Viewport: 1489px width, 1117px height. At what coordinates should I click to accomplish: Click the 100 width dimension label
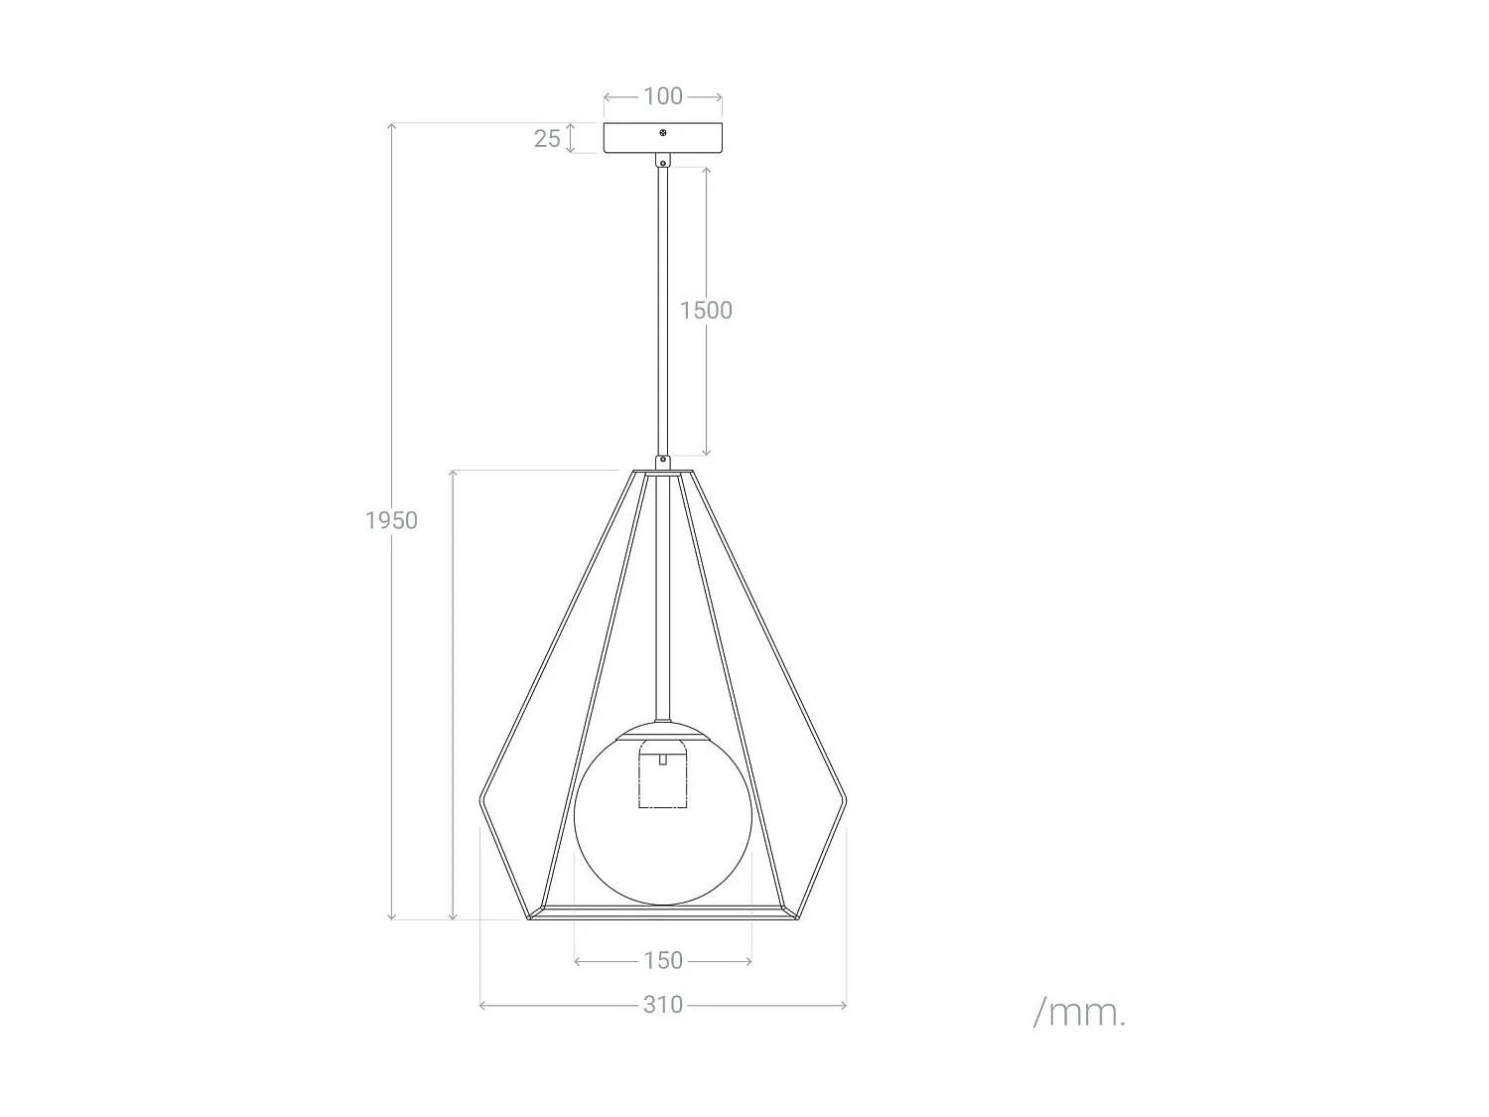click(x=663, y=96)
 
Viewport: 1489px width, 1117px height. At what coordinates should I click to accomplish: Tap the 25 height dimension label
click(x=547, y=139)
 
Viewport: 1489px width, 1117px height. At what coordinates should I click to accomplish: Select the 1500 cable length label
click(x=706, y=310)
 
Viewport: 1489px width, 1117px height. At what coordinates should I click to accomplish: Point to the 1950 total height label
click(x=391, y=520)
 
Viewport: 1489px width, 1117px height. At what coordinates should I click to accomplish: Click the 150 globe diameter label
click(x=663, y=960)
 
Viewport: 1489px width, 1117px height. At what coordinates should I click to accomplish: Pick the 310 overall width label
click(x=663, y=1005)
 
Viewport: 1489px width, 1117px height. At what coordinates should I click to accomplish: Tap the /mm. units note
click(x=1079, y=1013)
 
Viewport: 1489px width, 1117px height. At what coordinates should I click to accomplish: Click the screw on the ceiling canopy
click(x=663, y=132)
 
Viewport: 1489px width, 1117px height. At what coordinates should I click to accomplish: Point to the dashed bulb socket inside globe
click(x=662, y=779)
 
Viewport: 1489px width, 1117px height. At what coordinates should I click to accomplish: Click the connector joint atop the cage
click(x=662, y=462)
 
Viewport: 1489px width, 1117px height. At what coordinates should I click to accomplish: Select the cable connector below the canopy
click(x=663, y=161)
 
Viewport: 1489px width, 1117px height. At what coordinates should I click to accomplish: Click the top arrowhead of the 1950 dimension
click(x=392, y=126)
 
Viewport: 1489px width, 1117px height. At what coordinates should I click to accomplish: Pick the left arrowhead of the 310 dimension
click(x=482, y=1006)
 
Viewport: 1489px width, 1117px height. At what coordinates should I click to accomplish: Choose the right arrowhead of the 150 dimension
click(x=748, y=961)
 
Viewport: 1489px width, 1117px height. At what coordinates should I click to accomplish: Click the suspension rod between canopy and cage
click(x=662, y=308)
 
